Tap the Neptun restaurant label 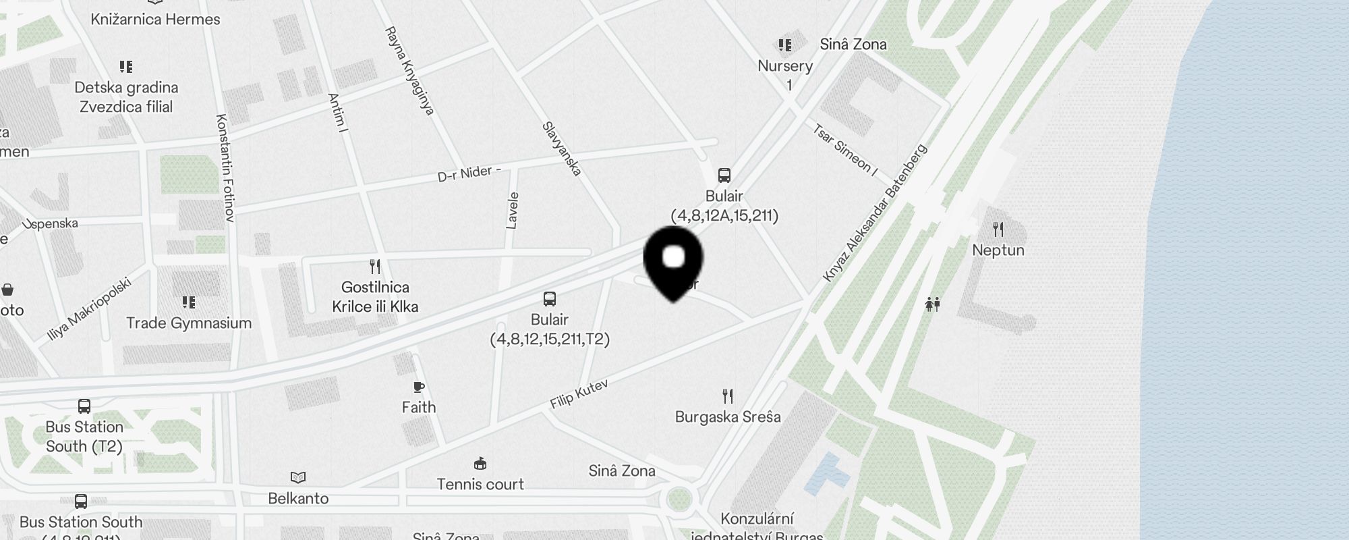pos(998,250)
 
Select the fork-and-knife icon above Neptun pos(998,230)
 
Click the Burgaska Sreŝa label pos(728,416)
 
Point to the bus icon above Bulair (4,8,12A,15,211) pos(724,175)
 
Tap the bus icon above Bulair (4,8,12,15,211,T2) pos(550,299)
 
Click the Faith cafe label pos(419,407)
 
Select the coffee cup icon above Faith pos(419,387)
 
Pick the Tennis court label pos(480,484)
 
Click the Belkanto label pos(298,498)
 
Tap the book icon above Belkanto pos(298,478)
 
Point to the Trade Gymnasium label pos(189,323)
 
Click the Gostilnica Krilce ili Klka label pos(375,297)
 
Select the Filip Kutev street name pos(579,394)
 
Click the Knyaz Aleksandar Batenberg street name pos(875,214)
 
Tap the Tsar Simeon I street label pos(844,151)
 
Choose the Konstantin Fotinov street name pos(225,167)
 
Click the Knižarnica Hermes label pos(155,19)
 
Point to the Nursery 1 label pos(785,75)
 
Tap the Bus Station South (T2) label pos(84,437)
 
